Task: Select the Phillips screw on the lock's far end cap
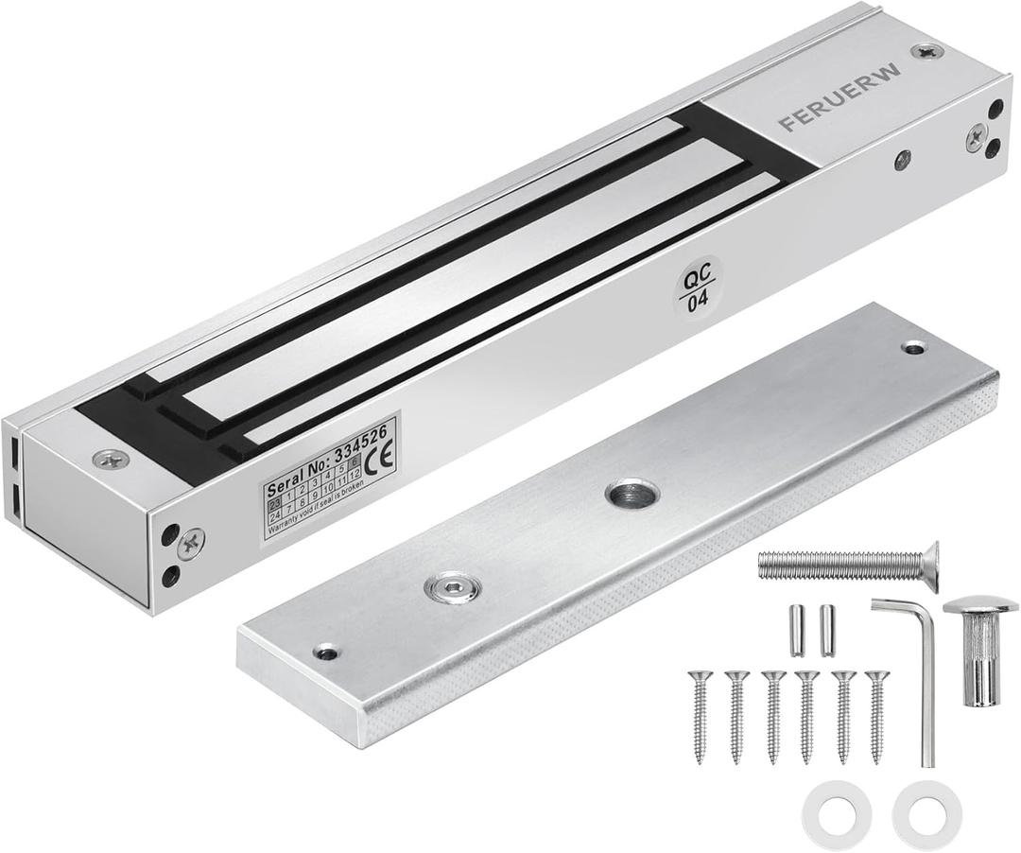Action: (x=975, y=138)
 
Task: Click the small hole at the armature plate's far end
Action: (x=913, y=348)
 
